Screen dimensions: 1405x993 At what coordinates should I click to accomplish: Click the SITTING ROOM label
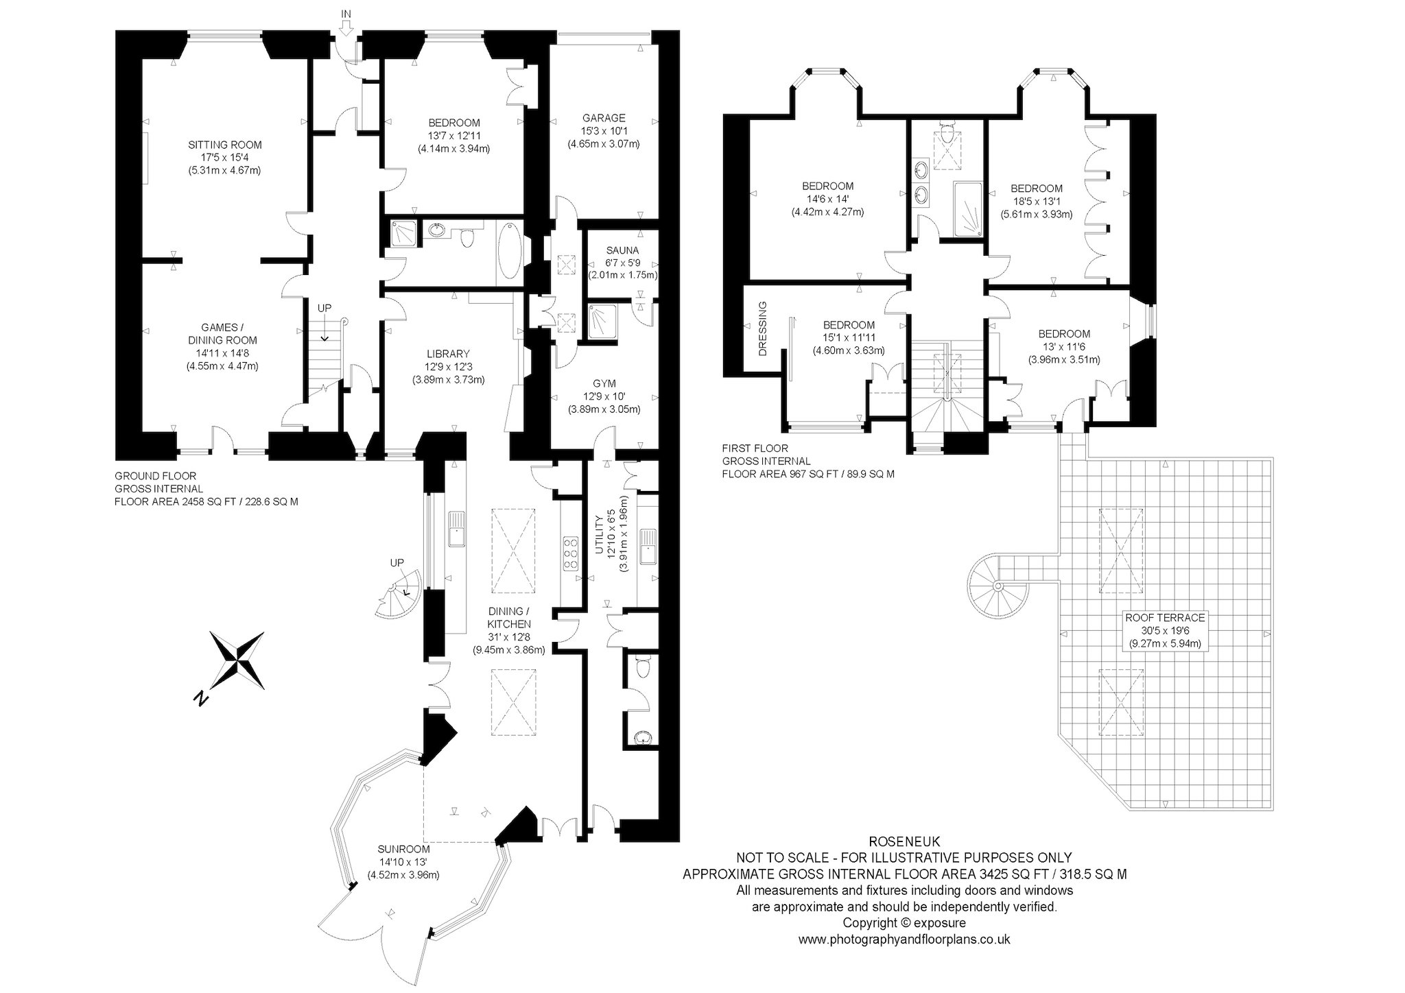click(x=225, y=145)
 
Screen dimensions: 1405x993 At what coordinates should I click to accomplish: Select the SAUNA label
click(x=622, y=250)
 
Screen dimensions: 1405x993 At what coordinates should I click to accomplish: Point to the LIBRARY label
click(x=448, y=354)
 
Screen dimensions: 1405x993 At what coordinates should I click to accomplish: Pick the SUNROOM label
click(x=403, y=850)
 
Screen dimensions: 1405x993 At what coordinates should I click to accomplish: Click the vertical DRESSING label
click(x=762, y=329)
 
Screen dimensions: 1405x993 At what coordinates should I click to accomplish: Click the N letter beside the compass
click(x=200, y=698)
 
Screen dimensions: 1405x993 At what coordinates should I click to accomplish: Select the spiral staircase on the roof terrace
click(x=998, y=586)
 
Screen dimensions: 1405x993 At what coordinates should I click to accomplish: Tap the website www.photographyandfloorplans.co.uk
click(x=904, y=940)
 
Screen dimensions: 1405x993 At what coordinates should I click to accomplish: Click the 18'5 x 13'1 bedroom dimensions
click(x=1037, y=201)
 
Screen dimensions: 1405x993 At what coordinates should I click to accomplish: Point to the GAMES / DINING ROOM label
click(x=222, y=333)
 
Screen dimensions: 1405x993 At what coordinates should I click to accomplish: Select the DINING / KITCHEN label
click(x=508, y=617)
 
